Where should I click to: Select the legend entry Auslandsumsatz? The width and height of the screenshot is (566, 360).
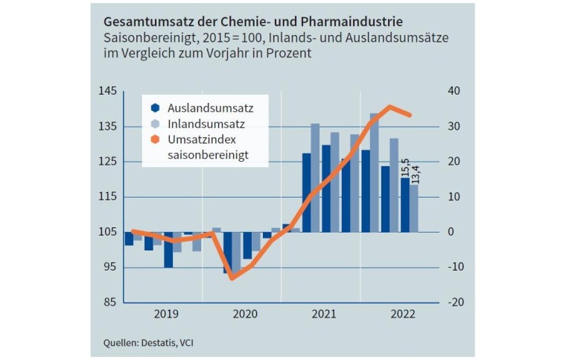point(200,107)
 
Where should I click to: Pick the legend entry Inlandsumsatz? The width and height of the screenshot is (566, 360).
point(196,123)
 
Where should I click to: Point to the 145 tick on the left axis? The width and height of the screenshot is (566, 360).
point(108,91)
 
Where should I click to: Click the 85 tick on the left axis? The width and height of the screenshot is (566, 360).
point(109,302)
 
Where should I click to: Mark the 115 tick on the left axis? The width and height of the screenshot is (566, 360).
point(108,197)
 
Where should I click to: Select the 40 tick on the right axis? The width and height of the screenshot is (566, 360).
point(454,91)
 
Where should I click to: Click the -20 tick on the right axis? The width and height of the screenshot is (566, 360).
point(456,302)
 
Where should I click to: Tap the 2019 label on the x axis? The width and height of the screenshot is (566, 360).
point(165,315)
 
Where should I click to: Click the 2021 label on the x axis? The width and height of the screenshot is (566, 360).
point(323,315)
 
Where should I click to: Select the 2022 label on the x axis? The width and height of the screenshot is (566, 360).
point(402,315)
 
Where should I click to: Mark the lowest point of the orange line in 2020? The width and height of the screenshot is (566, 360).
point(232,278)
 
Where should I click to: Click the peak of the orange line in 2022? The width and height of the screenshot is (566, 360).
point(389,107)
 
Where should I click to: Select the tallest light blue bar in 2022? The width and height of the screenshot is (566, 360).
point(375,171)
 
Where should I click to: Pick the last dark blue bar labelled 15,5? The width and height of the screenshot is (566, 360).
point(404,205)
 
